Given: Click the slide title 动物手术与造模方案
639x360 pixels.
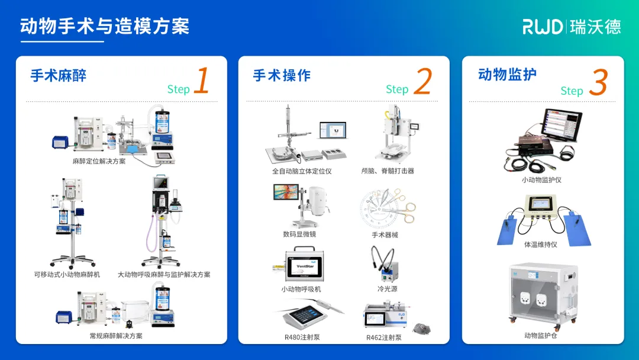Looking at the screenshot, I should pyautogui.click(x=105, y=27).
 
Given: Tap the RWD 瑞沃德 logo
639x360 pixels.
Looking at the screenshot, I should pyautogui.click(x=572, y=27).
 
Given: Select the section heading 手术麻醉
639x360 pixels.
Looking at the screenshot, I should pyautogui.click(x=59, y=75).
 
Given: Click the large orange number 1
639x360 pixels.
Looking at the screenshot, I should pyautogui.click(x=202, y=81).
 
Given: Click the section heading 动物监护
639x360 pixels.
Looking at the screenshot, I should pyautogui.click(x=507, y=74).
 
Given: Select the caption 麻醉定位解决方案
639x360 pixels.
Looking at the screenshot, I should pyautogui.click(x=99, y=161).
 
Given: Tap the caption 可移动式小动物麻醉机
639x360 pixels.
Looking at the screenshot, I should pyautogui.click(x=67, y=275).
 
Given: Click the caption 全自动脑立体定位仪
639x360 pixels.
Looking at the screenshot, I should pyautogui.click(x=302, y=171).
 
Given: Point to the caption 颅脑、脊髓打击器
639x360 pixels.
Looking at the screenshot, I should pyautogui.click(x=388, y=171).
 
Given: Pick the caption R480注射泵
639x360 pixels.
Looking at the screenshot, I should pyautogui.click(x=302, y=337).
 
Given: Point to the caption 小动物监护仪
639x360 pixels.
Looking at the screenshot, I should pyautogui.click(x=541, y=179).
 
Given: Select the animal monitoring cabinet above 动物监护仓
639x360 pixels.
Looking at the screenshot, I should pyautogui.click(x=543, y=294).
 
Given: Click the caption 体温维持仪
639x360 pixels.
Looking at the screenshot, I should pyautogui.click(x=541, y=245).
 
